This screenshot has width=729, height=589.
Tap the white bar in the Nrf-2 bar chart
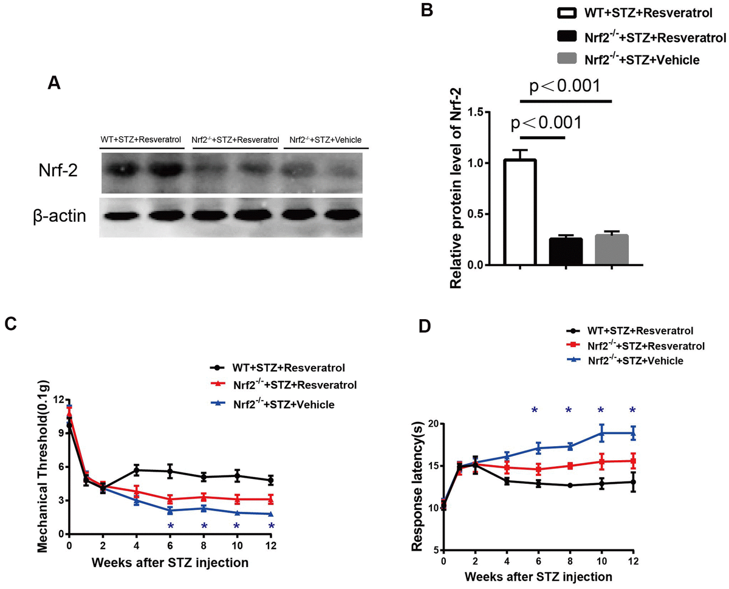click(519, 212)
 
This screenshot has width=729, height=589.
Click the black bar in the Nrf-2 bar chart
click(566, 251)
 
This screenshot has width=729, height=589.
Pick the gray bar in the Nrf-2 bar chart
click(612, 250)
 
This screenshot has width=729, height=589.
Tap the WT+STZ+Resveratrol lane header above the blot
click(140, 140)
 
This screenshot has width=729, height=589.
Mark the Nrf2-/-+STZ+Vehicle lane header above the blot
click(325, 140)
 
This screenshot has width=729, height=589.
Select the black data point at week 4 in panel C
click(138, 470)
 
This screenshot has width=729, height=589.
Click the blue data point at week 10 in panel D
click(601, 433)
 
